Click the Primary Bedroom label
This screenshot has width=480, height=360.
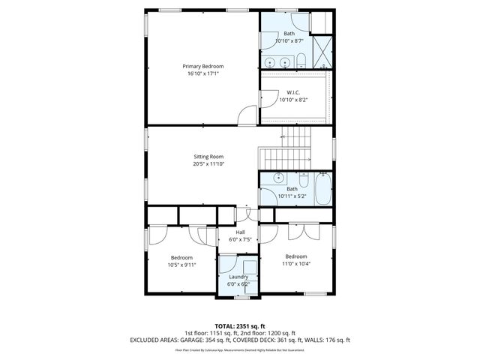pyautogui.click(x=202, y=66)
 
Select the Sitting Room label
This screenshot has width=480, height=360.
pyautogui.click(x=208, y=156)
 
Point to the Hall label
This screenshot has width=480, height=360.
pyautogui.click(x=240, y=232)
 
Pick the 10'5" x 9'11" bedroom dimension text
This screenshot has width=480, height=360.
pyautogui.click(x=181, y=265)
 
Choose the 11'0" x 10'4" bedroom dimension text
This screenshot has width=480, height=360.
pyautogui.click(x=295, y=264)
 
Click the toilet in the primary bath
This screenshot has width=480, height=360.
pyautogui.click(x=299, y=61)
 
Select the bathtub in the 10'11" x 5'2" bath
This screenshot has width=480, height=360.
pyautogui.click(x=322, y=188)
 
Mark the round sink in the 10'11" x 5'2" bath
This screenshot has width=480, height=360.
pyautogui.click(x=277, y=178)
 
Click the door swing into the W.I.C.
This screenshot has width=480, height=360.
pyautogui.click(x=267, y=98)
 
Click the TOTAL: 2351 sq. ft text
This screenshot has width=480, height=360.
pyautogui.click(x=240, y=325)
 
